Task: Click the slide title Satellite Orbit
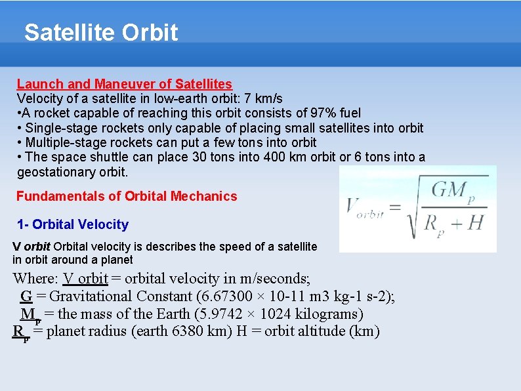(101, 32)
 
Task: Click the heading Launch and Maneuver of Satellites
(124, 84)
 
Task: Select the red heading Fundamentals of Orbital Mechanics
(127, 196)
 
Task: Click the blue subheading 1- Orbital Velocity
(73, 224)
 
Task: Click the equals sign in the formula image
(394, 208)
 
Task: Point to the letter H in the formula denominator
(474, 223)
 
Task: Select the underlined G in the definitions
(26, 297)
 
